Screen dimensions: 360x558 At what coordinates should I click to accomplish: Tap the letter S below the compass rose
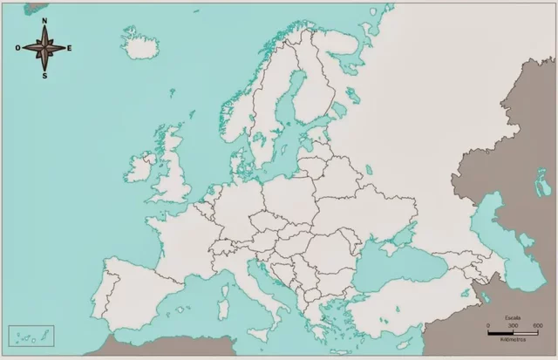coord(44,75)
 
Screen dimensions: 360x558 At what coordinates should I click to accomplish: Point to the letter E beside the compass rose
coord(70,48)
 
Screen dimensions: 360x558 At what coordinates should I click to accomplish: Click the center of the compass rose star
coord(44,48)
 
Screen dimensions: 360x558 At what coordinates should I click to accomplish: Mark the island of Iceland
coord(139,48)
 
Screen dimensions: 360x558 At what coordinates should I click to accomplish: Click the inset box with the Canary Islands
coord(31,336)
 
